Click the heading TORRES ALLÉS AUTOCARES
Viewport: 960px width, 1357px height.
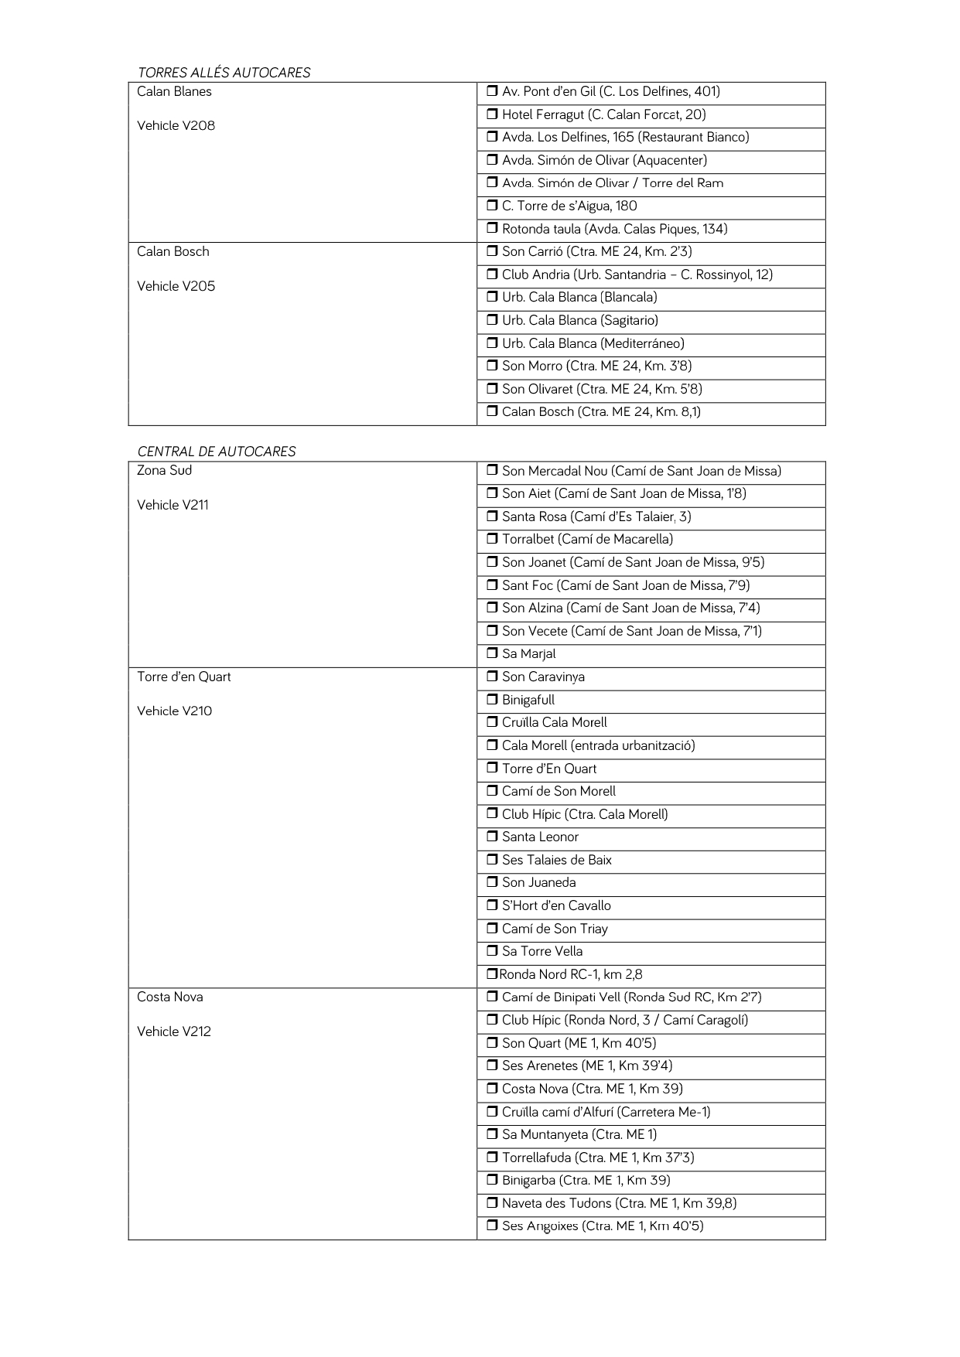click(224, 73)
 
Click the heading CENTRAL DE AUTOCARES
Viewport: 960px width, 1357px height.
click(217, 452)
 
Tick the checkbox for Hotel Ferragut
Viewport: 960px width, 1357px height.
click(492, 114)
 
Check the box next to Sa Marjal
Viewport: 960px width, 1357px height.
click(492, 653)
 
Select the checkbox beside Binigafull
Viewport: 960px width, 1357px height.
click(492, 700)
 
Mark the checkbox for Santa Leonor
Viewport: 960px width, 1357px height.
click(492, 837)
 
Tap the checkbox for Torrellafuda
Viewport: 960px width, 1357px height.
click(492, 1158)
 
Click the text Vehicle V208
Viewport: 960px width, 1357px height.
click(176, 126)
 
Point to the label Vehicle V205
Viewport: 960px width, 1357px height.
click(176, 286)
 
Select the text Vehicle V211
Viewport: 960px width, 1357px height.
click(173, 505)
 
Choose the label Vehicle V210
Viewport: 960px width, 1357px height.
click(174, 711)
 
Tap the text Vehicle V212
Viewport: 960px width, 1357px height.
click(174, 1031)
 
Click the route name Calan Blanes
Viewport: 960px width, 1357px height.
click(174, 91)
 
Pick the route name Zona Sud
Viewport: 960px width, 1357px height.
click(164, 470)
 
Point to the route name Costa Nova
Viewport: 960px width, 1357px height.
click(170, 997)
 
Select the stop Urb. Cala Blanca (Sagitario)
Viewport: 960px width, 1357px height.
click(580, 320)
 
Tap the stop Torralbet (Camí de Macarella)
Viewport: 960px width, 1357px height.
click(587, 539)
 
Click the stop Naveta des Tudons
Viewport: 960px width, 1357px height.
click(619, 1203)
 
